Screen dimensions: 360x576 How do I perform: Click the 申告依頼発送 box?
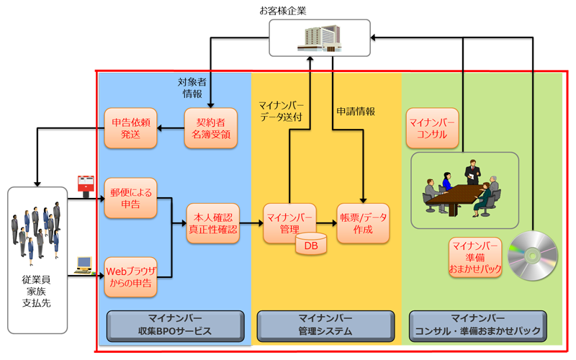pos(132,128)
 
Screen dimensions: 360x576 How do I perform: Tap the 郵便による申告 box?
pos(132,198)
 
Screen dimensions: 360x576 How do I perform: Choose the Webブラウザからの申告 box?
pos(132,277)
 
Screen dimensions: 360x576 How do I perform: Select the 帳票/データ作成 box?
pos(363,224)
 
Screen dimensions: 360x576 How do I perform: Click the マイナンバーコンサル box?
pos(433,128)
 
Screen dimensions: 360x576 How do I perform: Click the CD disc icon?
pos(533,256)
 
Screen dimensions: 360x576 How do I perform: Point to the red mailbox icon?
pos(86,184)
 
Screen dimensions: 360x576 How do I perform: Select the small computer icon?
pos(84,266)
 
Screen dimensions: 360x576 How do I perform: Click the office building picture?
pos(319,37)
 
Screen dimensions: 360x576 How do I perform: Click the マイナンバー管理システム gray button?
pos(325,325)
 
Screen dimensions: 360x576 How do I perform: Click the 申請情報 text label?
pos(356,112)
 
